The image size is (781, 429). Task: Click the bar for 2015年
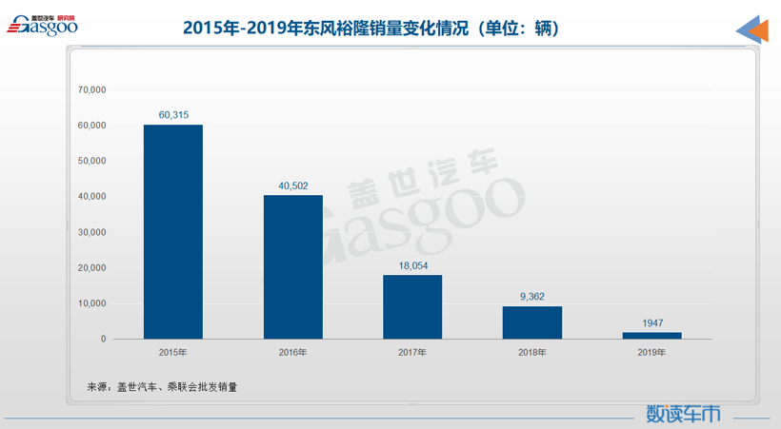tap(173, 232)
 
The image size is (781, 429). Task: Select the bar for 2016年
tap(292, 267)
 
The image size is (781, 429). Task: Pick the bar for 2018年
tap(532, 322)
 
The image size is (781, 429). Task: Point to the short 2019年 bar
tap(651, 336)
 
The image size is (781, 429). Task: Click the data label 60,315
tap(173, 115)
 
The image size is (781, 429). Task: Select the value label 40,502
tap(292, 185)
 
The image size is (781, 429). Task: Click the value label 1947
tap(651, 322)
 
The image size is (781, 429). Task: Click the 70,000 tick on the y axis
tap(91, 89)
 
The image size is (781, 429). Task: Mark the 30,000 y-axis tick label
tap(91, 232)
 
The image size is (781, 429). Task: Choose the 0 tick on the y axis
tap(103, 340)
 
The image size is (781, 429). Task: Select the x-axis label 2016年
tap(292, 353)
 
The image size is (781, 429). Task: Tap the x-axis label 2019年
tap(651, 353)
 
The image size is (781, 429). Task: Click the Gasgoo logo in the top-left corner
tap(42, 26)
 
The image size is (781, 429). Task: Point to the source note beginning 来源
tap(162, 387)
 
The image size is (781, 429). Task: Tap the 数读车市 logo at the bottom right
tap(684, 414)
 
